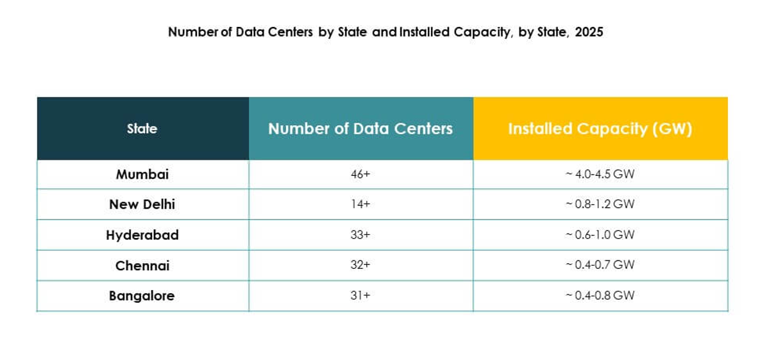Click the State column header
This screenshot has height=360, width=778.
[142, 128]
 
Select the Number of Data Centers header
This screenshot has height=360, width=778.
[360, 128]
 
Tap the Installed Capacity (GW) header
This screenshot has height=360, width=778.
[600, 128]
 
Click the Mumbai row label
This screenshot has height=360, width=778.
[142, 174]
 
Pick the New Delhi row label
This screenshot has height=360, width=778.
[142, 204]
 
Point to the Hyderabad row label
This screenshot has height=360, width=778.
[142, 235]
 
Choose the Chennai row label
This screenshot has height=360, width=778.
[142, 265]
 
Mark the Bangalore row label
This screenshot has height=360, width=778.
[142, 296]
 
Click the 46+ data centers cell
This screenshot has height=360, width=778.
[360, 174]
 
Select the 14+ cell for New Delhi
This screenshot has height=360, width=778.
[360, 204]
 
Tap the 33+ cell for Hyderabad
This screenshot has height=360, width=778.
[360, 235]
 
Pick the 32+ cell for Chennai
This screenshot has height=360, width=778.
[360, 265]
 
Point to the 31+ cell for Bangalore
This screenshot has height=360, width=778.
[360, 296]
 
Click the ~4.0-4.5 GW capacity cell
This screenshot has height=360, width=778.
[600, 174]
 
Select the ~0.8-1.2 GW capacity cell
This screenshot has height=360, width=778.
[600, 204]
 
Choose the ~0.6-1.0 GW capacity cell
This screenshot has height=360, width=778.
[600, 235]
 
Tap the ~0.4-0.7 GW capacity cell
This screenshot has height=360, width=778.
[600, 265]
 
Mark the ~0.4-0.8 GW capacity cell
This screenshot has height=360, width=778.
[600, 296]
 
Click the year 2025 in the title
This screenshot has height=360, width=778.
[589, 32]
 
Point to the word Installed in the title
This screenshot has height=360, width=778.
[423, 32]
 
